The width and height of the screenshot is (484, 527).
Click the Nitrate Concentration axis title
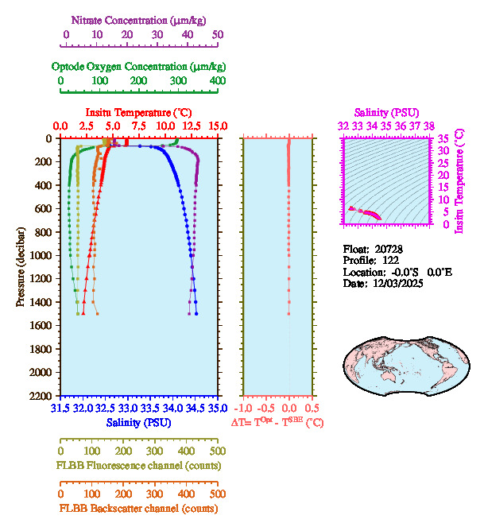pos(140,19)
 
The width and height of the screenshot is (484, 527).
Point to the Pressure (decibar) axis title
pos(21,267)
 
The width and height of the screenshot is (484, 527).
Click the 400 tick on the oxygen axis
pos(217,81)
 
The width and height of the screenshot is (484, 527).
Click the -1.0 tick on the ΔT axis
pos(248,409)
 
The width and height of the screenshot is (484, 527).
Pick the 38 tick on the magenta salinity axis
pos(429,126)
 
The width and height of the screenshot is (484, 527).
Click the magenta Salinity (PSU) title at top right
pos(386,113)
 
